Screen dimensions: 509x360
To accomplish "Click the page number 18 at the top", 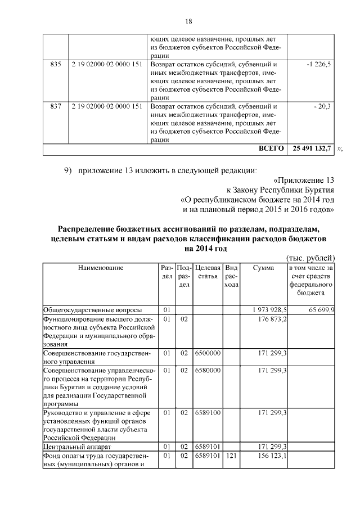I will (189, 21).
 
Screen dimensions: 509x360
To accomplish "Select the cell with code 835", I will (55, 65).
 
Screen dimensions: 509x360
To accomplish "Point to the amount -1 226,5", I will (318, 65).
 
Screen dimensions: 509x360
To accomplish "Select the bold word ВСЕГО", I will (271, 149).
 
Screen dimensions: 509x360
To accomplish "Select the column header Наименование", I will (101, 268).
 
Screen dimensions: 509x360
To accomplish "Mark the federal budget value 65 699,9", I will (321, 309).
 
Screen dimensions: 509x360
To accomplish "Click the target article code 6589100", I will (208, 413).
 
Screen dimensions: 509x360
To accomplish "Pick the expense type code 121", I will (231, 456).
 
